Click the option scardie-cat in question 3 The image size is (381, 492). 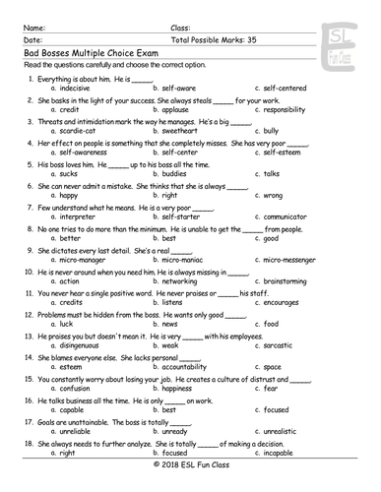[78, 133]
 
